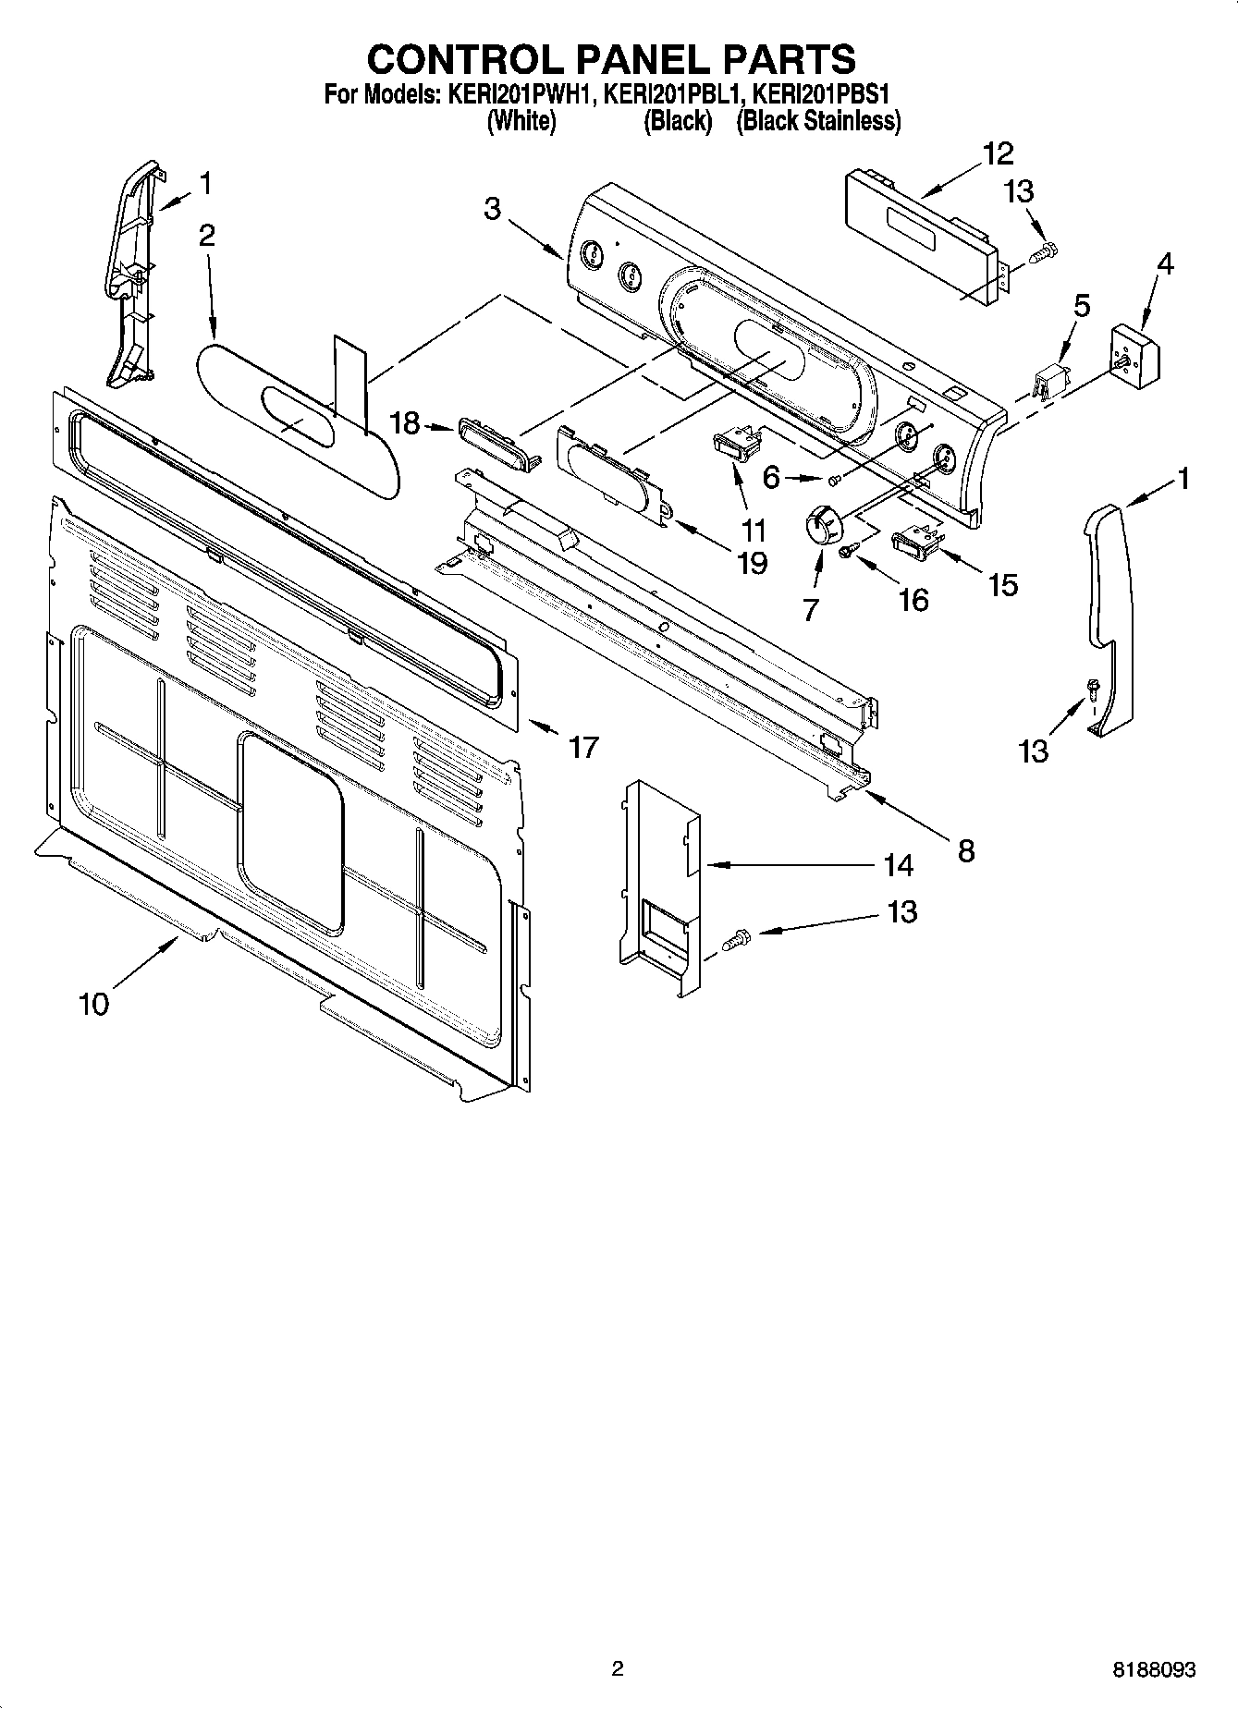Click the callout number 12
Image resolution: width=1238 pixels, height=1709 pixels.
(x=999, y=153)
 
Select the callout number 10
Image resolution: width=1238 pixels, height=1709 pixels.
(x=93, y=1003)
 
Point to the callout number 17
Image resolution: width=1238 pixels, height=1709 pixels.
(x=583, y=746)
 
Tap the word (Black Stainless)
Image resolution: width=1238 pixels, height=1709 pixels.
(x=817, y=121)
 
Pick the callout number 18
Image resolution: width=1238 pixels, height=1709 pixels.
(x=405, y=424)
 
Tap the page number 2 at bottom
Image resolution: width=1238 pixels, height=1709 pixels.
(x=618, y=1668)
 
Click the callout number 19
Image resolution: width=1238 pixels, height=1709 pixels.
(x=752, y=562)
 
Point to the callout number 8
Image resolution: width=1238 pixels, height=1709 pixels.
(x=965, y=850)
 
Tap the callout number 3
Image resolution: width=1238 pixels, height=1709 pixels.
(x=493, y=209)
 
